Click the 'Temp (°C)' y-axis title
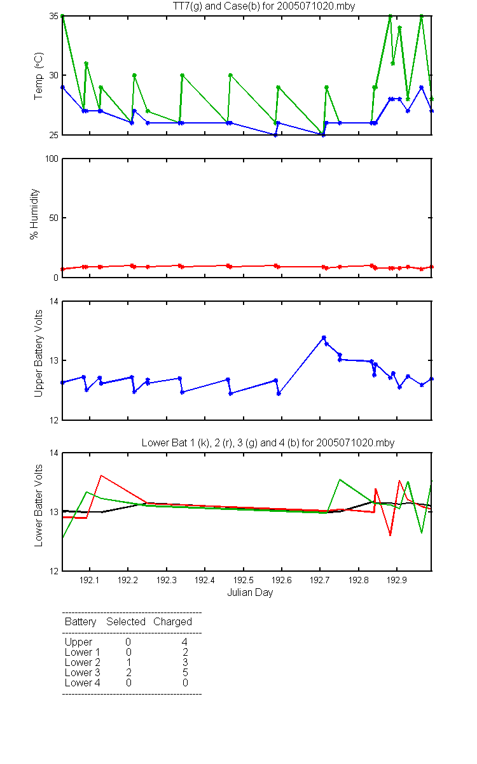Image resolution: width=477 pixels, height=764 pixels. point(39,76)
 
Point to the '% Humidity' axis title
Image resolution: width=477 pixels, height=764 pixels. point(34,214)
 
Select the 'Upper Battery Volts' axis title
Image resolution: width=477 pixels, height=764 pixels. point(39,353)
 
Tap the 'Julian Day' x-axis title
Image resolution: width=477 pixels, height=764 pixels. point(250,593)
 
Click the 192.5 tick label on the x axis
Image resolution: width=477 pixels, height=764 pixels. point(243,580)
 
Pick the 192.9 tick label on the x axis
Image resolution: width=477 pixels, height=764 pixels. point(397,580)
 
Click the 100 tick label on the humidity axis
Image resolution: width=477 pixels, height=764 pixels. point(52,159)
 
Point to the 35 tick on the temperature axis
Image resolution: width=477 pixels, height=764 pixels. point(54,17)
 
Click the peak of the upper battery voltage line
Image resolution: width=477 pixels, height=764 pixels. point(324,337)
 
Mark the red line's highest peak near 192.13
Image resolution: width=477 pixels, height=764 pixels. point(101,476)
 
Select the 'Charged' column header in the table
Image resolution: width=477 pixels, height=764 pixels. point(172,622)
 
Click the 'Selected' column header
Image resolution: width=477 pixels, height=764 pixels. point(126,621)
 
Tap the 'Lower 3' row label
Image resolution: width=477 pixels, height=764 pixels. point(83,672)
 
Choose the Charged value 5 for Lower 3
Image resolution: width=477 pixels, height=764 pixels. point(185,672)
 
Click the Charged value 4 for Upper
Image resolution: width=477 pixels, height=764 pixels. point(185,642)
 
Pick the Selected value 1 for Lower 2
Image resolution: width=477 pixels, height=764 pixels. point(128,662)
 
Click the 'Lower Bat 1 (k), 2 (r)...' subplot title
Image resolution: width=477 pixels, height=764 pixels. point(268,442)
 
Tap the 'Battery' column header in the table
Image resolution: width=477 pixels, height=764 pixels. point(80,622)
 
